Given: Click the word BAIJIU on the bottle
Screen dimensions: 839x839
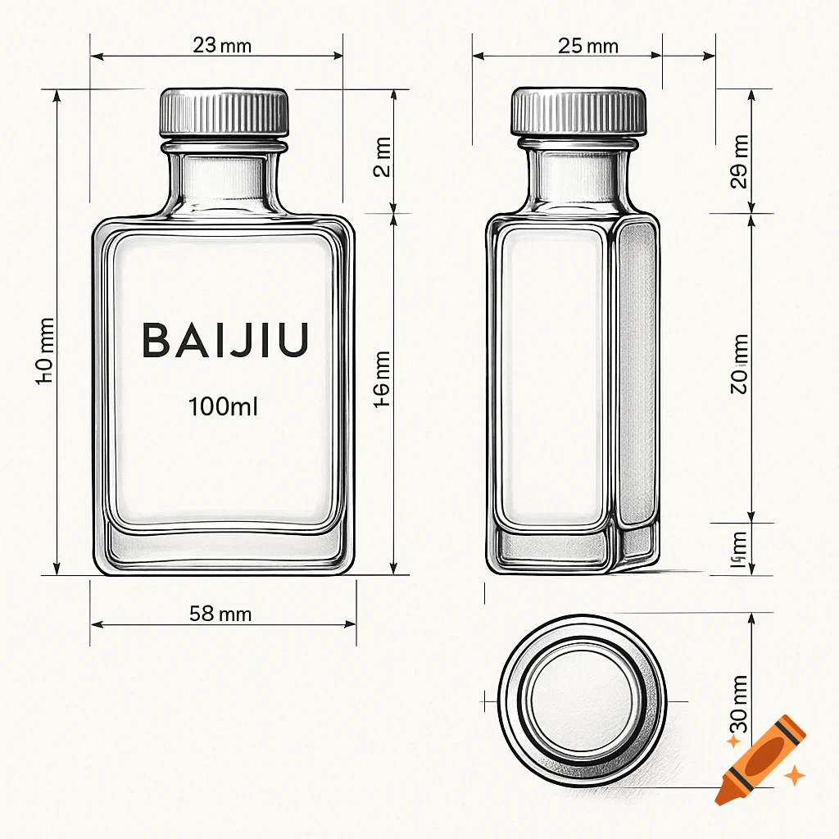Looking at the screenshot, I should pos(225,340).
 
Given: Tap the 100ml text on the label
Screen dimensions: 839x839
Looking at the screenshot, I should pos(223,406).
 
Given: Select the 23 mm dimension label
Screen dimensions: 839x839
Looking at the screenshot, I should pos(222,46).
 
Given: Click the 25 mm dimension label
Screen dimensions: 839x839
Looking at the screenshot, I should pos(588,46).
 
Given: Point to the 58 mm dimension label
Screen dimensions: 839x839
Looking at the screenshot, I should pos(220,613).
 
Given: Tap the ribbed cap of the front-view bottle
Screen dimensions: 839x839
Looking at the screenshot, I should pos(224,112).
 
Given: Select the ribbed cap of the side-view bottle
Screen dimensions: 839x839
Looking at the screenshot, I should pos(579,111).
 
